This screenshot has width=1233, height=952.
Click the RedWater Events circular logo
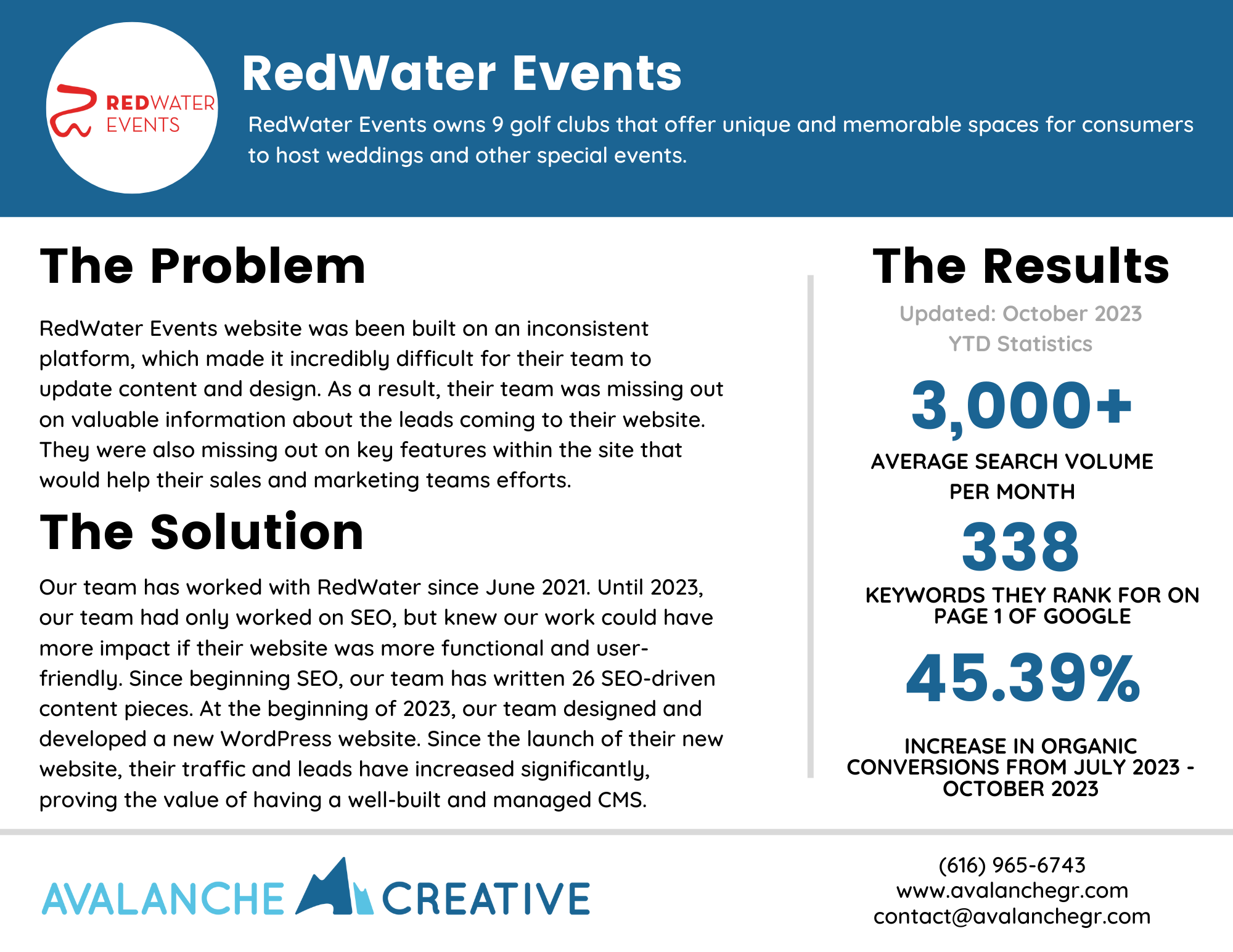click(x=132, y=108)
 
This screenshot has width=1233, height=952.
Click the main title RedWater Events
click(x=461, y=74)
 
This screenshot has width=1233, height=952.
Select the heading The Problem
click(x=203, y=266)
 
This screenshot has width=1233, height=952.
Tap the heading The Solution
click(x=202, y=532)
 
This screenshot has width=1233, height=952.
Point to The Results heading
click(x=1020, y=266)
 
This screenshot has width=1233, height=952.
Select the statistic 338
click(x=1020, y=547)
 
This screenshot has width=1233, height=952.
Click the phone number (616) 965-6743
click(x=1012, y=865)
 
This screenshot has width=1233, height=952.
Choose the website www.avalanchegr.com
click(x=1012, y=890)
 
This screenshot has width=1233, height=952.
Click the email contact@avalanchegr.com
click(x=1012, y=916)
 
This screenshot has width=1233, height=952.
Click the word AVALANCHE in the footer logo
click(x=163, y=899)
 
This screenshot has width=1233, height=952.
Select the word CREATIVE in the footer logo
click(x=486, y=899)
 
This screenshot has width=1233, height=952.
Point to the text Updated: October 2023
click(x=1020, y=314)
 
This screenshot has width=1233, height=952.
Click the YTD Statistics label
click(x=1020, y=344)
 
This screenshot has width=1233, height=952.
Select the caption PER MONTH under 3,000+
click(x=1012, y=492)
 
